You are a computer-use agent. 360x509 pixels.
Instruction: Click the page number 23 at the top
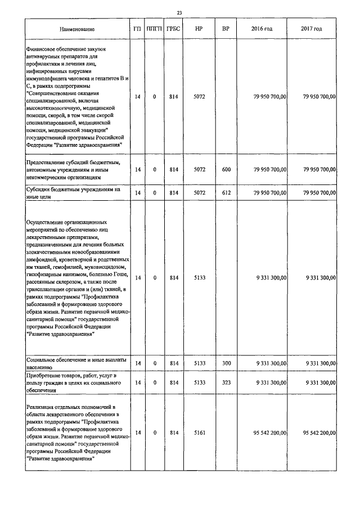pyautogui.click(x=179, y=12)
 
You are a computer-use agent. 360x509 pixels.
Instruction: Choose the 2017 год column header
pyautogui.click(x=312, y=29)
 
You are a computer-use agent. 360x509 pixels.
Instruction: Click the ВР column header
pyautogui.click(x=226, y=29)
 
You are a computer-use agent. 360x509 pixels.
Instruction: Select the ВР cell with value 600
pyautogui.click(x=226, y=169)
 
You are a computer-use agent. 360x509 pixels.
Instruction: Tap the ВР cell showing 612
pyautogui.click(x=226, y=193)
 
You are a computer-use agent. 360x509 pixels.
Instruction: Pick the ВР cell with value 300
pyautogui.click(x=226, y=363)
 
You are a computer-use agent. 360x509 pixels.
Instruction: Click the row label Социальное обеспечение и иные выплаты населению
pyautogui.click(x=76, y=363)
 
